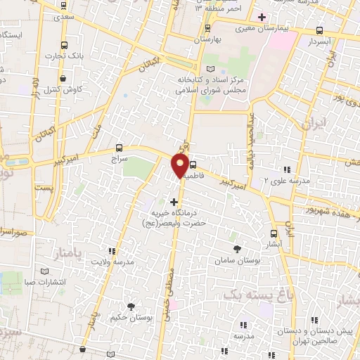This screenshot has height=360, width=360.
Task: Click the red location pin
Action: [179, 167]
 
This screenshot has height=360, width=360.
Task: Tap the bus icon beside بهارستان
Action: [207, 28]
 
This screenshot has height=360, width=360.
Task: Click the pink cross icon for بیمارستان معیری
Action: [262, 16]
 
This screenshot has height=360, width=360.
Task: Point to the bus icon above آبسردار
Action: [320, 30]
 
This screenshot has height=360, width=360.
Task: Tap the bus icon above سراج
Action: [118, 148]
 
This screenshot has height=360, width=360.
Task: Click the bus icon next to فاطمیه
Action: [193, 158]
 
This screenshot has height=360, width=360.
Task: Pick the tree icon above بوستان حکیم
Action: [131, 306]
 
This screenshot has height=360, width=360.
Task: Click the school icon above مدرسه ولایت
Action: [111, 250]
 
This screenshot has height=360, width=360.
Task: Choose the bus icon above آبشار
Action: [274, 233]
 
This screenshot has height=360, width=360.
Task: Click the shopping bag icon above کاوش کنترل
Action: [65, 78]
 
